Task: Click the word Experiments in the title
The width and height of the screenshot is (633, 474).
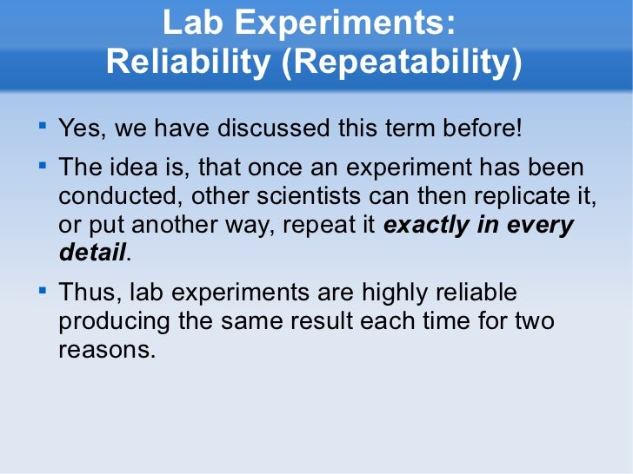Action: click(x=345, y=24)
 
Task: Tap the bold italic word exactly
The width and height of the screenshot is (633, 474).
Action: click(x=425, y=226)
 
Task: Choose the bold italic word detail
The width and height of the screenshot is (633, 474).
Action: click(x=92, y=254)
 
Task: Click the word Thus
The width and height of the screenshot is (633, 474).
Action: click(x=83, y=293)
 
